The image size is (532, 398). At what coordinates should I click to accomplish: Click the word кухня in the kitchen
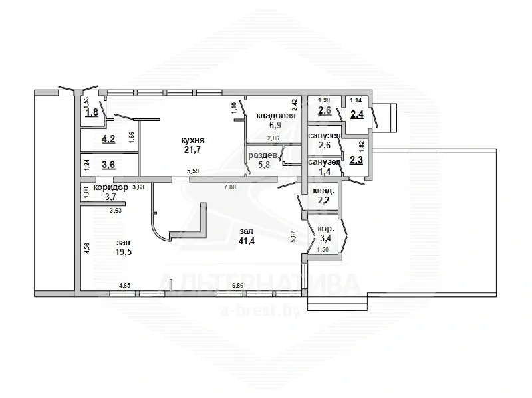coord(193,140)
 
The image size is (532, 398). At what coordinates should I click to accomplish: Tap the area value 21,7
coord(193,149)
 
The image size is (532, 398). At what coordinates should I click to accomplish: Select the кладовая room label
coord(276,116)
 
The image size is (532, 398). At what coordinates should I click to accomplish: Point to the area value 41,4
coord(247,241)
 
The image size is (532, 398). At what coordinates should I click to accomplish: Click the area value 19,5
coord(124,252)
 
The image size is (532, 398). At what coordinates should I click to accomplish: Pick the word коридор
coord(111,187)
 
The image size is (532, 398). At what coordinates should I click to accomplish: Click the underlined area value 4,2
coord(108,139)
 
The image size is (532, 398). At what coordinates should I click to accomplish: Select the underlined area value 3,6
coord(108,165)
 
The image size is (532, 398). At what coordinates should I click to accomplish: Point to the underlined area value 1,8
coord(92,112)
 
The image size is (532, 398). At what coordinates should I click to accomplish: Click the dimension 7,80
coord(230,187)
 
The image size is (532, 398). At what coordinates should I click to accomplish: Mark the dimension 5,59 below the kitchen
coord(193,171)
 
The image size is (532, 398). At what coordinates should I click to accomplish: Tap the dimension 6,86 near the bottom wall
coord(237,286)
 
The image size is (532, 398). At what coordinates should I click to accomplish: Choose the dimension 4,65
coord(124,286)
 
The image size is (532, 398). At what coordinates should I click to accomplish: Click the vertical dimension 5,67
coord(293,237)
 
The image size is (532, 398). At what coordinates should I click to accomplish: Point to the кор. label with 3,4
coord(325,228)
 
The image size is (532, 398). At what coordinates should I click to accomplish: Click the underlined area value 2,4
coord(357,114)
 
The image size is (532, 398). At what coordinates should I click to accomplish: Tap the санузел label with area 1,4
coord(325,162)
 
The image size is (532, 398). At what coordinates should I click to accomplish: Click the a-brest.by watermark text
coord(261,310)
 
